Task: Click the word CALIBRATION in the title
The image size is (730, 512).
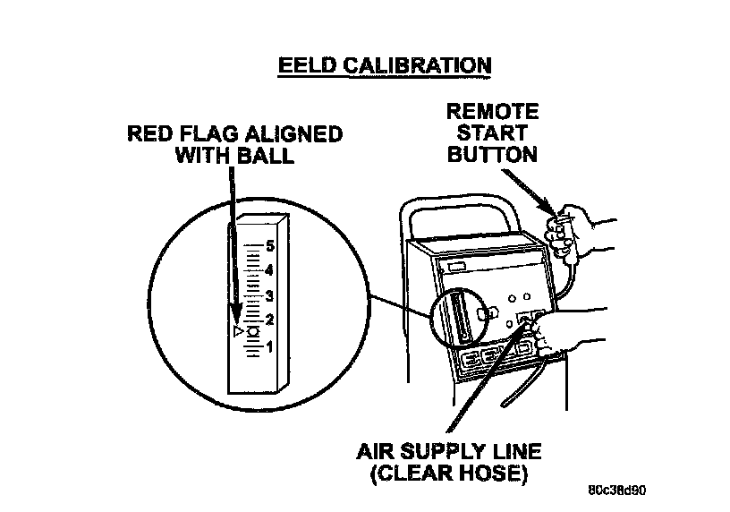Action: tap(418, 65)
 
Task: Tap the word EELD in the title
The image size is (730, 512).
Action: tap(306, 65)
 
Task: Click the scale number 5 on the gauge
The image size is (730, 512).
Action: tap(270, 246)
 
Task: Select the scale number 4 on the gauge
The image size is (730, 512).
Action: tap(269, 270)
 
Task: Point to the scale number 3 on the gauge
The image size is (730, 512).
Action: tap(269, 296)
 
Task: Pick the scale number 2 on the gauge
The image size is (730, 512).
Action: tap(269, 320)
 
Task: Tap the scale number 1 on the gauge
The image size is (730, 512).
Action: tap(269, 346)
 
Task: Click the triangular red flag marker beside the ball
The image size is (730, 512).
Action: tap(238, 331)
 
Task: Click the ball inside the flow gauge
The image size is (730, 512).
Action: tap(253, 332)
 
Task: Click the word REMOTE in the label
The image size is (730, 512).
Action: tap(493, 112)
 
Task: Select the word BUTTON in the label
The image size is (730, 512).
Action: tap(493, 155)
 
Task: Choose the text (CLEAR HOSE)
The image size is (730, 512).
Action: tap(449, 474)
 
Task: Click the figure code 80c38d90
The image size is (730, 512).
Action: tap(617, 491)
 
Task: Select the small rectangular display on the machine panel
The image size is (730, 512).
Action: tap(456, 267)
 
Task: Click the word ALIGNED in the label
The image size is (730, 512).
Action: tap(294, 134)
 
